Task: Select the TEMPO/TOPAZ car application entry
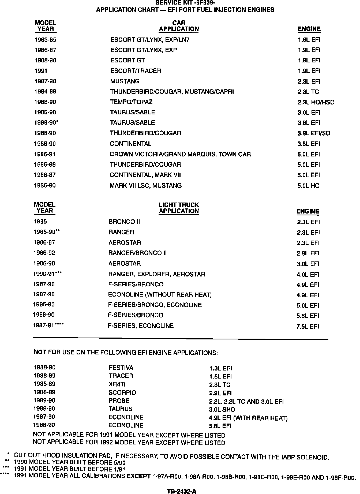[x=131, y=102]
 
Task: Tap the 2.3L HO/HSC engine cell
[x=316, y=102]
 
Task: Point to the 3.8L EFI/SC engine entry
[x=314, y=133]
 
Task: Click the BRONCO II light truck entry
[x=124, y=222]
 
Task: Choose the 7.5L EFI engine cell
[x=307, y=327]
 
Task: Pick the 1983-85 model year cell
[x=45, y=40]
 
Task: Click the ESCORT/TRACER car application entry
[x=136, y=71]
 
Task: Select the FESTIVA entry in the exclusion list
[x=121, y=368]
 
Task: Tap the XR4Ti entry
[x=117, y=384]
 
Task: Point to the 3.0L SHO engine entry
[x=222, y=410]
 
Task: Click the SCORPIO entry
[x=122, y=393]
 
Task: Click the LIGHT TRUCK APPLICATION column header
[x=179, y=208]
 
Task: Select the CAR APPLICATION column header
[x=179, y=26]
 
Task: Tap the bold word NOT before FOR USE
[x=40, y=352]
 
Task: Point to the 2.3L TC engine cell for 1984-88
[x=308, y=92]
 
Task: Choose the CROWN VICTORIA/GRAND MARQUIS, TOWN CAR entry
[x=180, y=154]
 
